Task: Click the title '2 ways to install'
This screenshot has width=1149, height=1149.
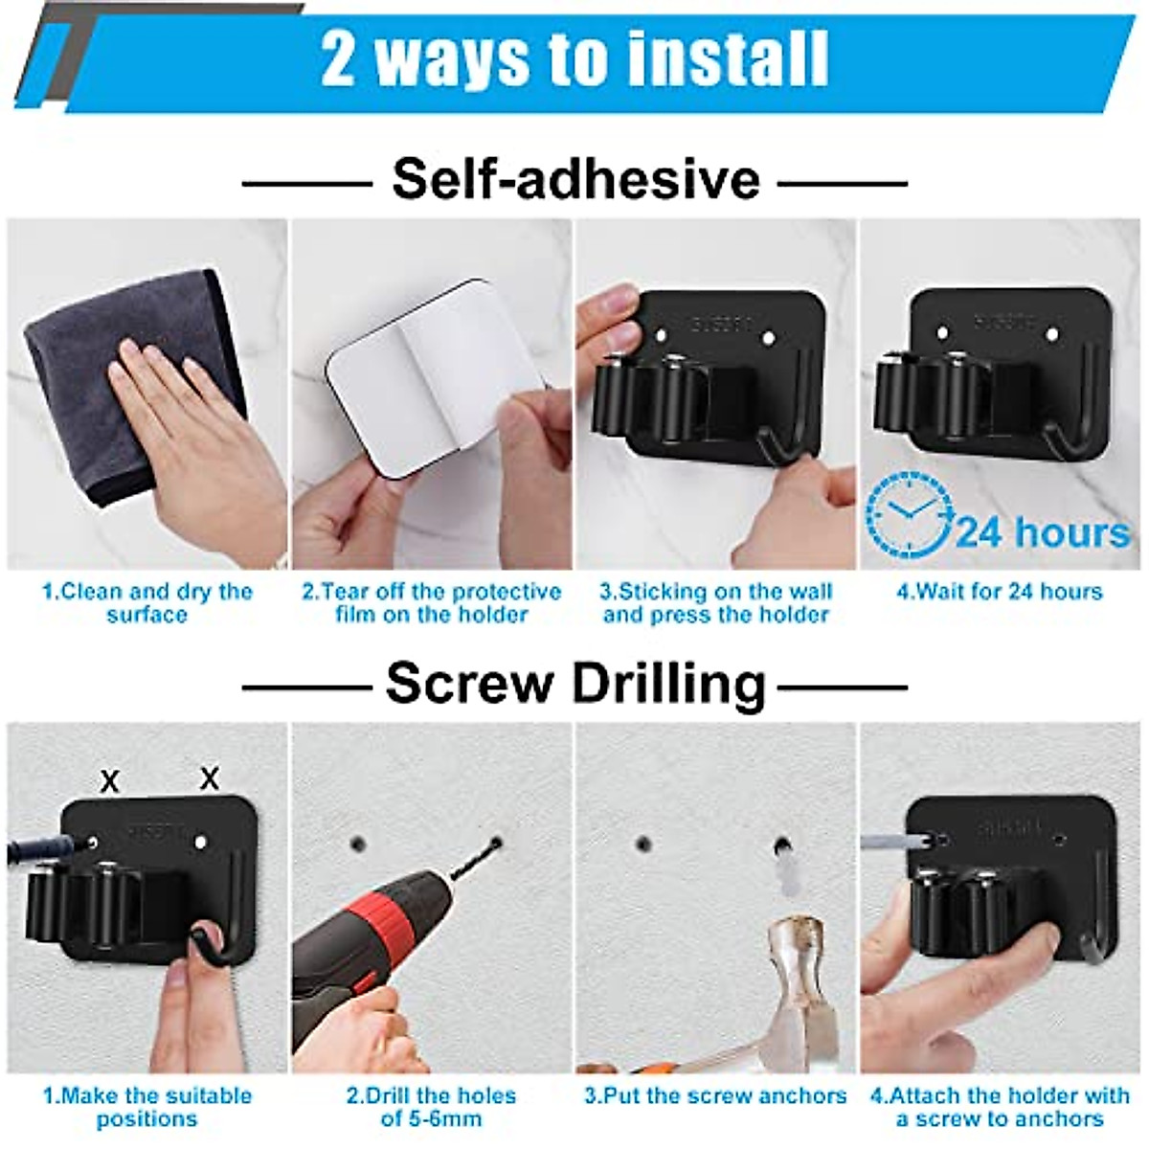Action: click(574, 59)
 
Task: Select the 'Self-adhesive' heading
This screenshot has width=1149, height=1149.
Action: click(575, 179)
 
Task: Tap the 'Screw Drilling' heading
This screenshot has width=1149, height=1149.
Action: click(575, 684)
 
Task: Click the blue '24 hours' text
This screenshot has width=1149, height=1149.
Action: click(1042, 532)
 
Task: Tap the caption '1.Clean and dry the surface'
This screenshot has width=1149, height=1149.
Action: click(146, 603)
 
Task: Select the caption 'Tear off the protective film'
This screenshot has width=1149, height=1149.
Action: click(431, 603)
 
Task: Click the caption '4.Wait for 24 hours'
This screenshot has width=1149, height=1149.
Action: click(999, 592)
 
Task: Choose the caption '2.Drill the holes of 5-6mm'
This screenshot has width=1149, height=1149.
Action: click(431, 1107)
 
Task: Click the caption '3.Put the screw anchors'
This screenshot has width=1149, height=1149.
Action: click(715, 1096)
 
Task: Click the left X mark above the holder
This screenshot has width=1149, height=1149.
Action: click(110, 781)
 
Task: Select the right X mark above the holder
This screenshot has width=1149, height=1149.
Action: click(209, 777)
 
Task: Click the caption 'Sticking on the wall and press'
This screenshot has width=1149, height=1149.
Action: click(715, 603)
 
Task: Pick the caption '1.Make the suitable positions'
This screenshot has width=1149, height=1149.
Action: click(146, 1107)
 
